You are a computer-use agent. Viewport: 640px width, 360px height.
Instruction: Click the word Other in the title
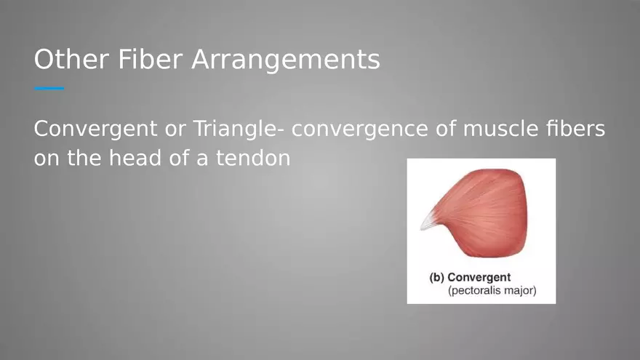click(71, 59)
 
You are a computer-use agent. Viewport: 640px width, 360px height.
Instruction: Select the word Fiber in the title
click(151, 59)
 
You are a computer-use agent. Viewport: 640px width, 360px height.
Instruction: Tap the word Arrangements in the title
click(286, 60)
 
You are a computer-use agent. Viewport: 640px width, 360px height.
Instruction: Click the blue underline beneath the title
click(49, 88)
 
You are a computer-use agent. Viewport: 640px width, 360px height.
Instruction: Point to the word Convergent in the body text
click(95, 129)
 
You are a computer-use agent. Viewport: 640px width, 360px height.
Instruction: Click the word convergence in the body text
click(359, 129)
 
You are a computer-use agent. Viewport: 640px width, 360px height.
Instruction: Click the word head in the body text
click(135, 158)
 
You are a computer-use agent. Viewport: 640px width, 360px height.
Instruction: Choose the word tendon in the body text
click(253, 159)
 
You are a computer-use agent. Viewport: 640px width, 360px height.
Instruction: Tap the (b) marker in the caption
click(437, 278)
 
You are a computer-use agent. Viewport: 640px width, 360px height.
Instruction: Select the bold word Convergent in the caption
click(479, 278)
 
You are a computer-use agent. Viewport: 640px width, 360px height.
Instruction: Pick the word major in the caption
click(521, 291)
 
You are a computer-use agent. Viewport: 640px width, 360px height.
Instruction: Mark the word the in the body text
click(84, 158)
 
